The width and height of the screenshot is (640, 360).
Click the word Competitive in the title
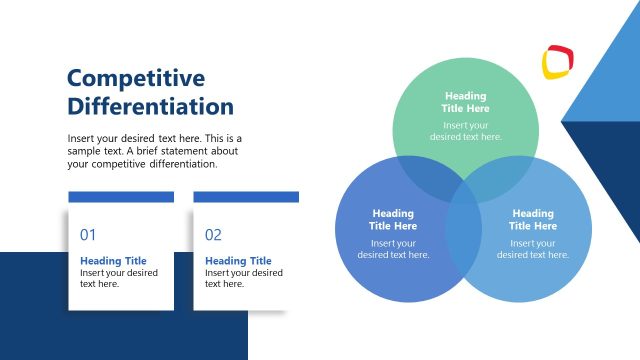click(x=135, y=78)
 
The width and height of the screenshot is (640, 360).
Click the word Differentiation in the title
click(x=150, y=106)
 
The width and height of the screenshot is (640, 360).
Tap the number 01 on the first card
click(x=88, y=235)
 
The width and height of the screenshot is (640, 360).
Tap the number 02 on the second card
click(x=213, y=235)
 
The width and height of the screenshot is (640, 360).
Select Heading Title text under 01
click(x=113, y=261)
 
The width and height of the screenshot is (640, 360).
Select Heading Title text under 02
click(x=238, y=261)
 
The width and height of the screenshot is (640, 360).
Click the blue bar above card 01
click(x=121, y=197)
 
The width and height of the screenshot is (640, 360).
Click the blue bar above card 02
click(x=246, y=197)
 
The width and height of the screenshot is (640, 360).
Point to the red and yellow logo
click(x=558, y=61)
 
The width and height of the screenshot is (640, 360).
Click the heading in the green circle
click(x=466, y=102)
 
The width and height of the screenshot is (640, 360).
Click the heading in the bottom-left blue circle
click(x=393, y=219)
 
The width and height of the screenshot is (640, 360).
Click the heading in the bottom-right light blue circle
click(x=532, y=219)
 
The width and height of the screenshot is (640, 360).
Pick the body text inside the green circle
click(x=466, y=131)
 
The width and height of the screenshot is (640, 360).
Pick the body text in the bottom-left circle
click(x=393, y=248)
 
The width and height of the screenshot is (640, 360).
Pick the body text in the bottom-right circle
click(x=532, y=248)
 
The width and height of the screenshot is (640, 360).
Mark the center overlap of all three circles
click(x=464, y=190)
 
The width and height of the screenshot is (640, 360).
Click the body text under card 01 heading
click(x=118, y=278)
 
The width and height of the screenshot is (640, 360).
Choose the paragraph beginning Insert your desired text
click(x=155, y=151)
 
